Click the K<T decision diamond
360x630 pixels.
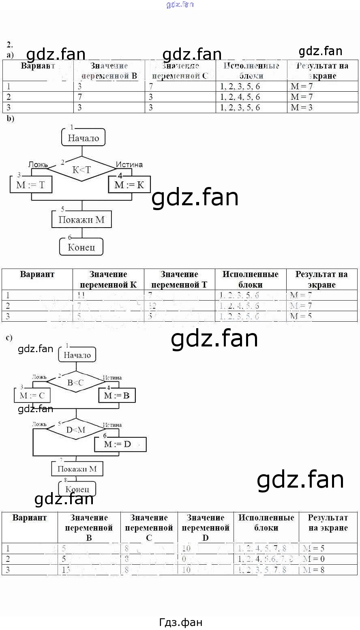click(x=82, y=170)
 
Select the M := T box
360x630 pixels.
click(x=31, y=185)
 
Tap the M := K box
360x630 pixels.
click(x=129, y=185)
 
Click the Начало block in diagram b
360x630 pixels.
click(x=83, y=138)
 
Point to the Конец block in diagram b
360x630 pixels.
click(x=81, y=247)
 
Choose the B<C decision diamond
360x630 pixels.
click(x=76, y=382)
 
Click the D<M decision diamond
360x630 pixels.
click(x=76, y=430)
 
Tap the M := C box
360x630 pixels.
click(x=32, y=396)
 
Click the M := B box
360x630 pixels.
click(x=117, y=396)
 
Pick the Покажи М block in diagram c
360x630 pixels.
click(x=77, y=469)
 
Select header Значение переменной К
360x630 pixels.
click(x=108, y=280)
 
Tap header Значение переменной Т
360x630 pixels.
click(x=179, y=280)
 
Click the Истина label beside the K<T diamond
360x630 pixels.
click(x=129, y=164)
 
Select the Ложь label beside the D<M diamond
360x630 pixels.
click(x=39, y=424)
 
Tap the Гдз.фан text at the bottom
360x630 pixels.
click(x=180, y=622)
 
